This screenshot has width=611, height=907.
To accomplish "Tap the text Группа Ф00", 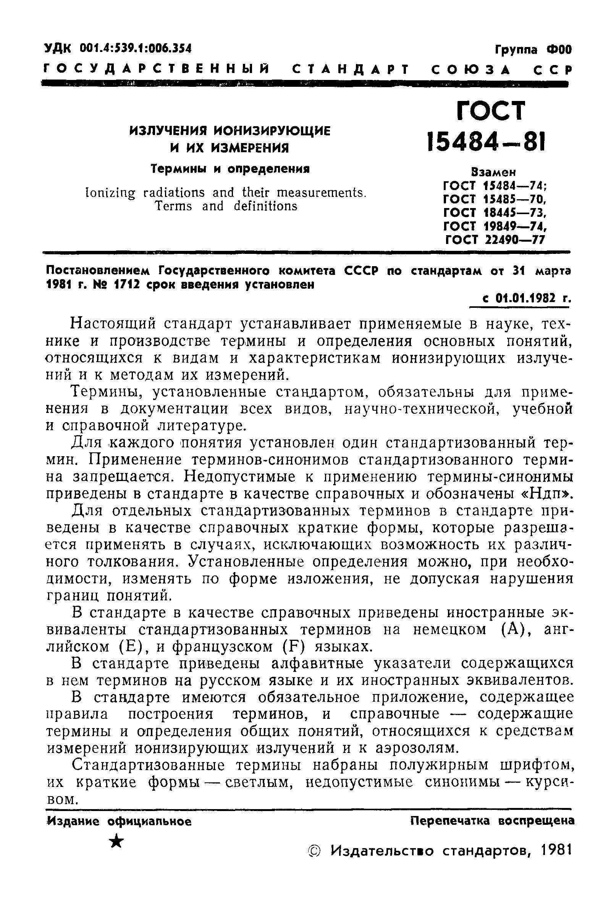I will [533, 50].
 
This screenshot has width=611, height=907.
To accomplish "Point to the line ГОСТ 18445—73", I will [495, 213].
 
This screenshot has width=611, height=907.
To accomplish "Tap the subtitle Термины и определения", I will [230, 169].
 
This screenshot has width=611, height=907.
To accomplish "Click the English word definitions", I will [265, 206].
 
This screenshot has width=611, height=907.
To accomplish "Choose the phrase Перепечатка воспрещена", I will [492, 821].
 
